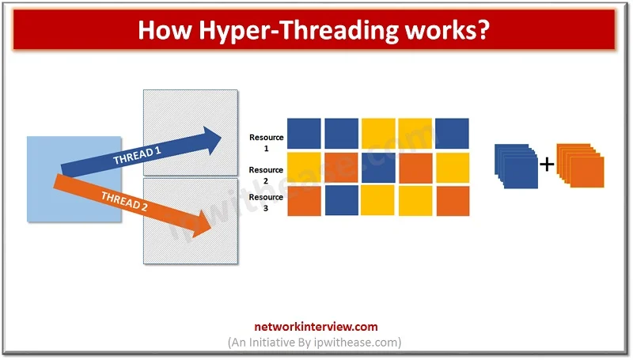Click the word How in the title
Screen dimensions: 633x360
(164, 30)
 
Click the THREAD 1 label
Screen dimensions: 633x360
(137, 155)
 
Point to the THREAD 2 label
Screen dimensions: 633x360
(124, 202)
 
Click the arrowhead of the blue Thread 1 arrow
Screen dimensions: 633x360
(212, 141)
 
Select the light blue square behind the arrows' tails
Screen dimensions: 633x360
(74, 179)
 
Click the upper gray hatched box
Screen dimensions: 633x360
(191, 133)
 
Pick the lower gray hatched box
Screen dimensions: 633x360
(191, 222)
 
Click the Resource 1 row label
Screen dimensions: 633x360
(266, 142)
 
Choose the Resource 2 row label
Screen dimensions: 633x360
(266, 175)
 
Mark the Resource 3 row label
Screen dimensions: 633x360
(266, 203)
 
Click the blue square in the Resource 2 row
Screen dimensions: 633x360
(378, 168)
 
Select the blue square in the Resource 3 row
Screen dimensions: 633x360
(342, 201)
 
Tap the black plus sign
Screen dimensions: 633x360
(547, 165)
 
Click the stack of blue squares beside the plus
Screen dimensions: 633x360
(517, 166)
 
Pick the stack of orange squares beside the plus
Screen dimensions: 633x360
(581, 165)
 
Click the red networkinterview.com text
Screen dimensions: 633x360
(316, 327)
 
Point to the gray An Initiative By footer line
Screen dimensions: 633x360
(315, 343)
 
